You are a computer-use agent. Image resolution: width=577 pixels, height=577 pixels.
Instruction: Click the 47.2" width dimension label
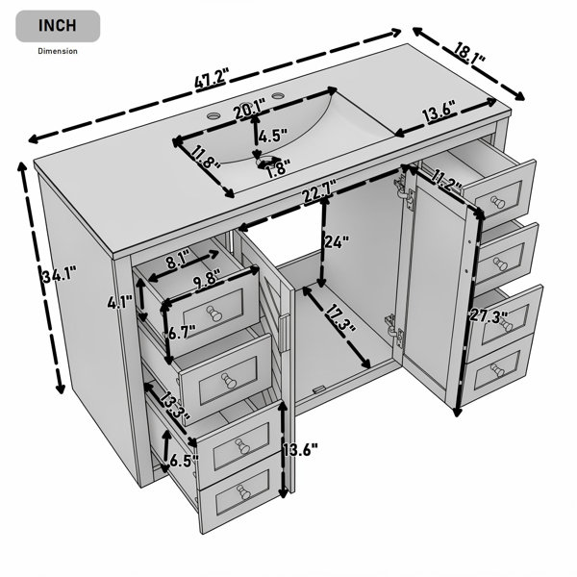(212, 78)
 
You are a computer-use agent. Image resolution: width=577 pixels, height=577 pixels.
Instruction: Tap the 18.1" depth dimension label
(469, 54)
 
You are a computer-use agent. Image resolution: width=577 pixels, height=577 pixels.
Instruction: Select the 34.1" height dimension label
(60, 275)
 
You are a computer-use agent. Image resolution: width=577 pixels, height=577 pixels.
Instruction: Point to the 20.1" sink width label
(249, 109)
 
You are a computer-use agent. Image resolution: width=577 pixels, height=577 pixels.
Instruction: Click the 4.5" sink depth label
(272, 136)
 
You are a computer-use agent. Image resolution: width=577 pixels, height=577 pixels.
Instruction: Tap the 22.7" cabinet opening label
(319, 190)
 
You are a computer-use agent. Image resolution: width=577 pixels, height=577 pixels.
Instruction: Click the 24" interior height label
(336, 241)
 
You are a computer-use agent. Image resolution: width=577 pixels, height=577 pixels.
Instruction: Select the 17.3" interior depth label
(340, 316)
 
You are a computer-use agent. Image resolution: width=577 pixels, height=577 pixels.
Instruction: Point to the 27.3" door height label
(489, 316)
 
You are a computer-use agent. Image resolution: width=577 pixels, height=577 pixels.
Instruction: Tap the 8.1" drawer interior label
(178, 260)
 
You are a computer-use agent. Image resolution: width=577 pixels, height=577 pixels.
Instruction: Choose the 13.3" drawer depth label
(175, 406)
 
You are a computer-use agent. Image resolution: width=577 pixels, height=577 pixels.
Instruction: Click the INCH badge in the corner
(58, 26)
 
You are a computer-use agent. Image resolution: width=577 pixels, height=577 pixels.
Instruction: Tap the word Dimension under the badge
(58, 51)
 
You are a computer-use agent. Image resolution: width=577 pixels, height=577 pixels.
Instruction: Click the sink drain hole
(266, 162)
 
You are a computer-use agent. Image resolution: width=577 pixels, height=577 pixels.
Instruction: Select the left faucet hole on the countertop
(213, 115)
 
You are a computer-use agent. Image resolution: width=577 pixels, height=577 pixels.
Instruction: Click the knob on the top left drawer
(213, 314)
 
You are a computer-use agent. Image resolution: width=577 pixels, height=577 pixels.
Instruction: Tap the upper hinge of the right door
(405, 191)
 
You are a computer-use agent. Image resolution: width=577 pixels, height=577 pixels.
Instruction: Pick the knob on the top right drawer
(497, 202)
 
